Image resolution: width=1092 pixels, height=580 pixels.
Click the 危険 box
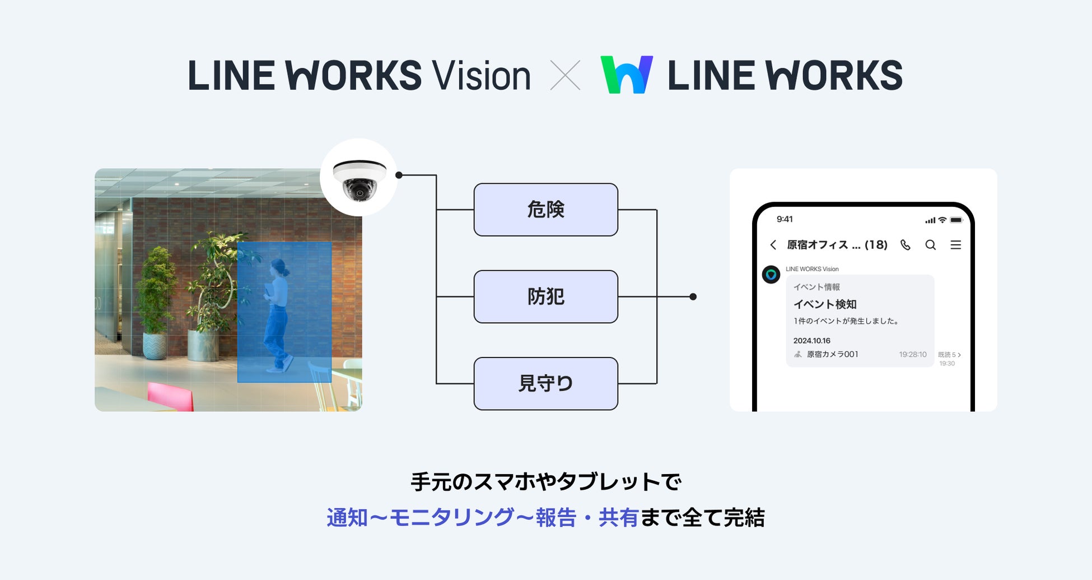point(545,210)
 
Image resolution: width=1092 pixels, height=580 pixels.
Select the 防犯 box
point(545,296)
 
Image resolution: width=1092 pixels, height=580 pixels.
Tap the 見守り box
point(545,383)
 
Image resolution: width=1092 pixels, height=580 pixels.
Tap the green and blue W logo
point(627,75)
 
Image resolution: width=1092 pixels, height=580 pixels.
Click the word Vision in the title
point(481,76)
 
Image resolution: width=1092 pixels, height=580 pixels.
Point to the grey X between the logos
point(565,76)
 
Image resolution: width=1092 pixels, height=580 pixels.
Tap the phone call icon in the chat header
point(906,245)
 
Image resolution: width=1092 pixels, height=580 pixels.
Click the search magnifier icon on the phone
point(931,245)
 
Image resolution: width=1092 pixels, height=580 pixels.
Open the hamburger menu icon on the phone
point(956,245)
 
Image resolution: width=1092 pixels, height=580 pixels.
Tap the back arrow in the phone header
point(773,245)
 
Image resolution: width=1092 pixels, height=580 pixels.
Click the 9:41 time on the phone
point(785,219)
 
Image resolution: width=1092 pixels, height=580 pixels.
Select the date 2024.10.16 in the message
point(811,341)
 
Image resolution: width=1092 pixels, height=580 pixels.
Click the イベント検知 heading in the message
point(825,304)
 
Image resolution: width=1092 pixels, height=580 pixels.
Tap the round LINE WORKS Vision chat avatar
point(771,275)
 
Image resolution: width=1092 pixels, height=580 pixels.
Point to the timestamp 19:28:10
point(913,355)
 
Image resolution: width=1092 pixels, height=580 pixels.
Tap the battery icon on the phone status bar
point(956,220)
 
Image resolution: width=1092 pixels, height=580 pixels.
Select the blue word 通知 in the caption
point(347,517)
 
